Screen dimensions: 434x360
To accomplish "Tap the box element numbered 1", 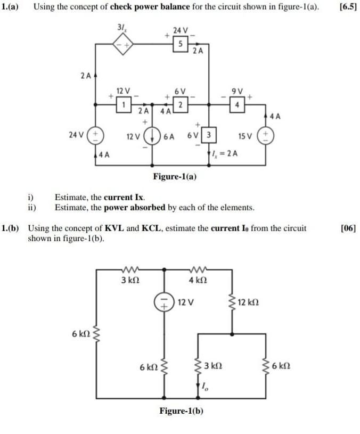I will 124,103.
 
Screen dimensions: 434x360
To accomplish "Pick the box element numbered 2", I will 181,103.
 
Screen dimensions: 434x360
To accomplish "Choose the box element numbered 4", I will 236,103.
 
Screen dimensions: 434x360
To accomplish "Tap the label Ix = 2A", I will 225,154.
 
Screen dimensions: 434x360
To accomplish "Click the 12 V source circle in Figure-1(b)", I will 163,302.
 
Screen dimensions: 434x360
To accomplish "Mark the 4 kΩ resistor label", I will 198,280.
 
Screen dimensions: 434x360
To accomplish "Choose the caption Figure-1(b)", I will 182,411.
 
